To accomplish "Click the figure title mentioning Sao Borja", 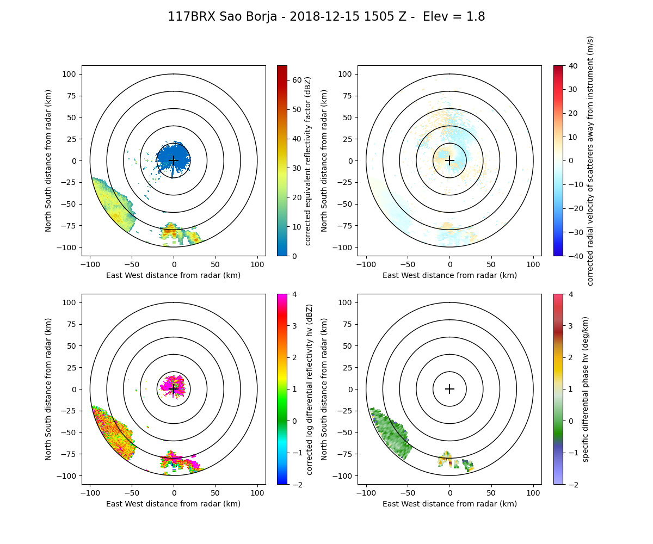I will tap(326, 17).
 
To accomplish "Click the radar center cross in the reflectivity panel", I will tap(174, 160).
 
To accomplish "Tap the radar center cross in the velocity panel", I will tap(449, 160).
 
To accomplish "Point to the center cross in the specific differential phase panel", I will tap(449, 389).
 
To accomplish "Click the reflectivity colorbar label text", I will tap(308, 160).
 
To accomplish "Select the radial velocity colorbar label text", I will tap(590, 160).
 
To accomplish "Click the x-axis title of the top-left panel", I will tap(174, 275).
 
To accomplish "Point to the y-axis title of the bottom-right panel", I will tap(324, 389).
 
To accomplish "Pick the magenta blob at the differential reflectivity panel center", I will tap(173, 384).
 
